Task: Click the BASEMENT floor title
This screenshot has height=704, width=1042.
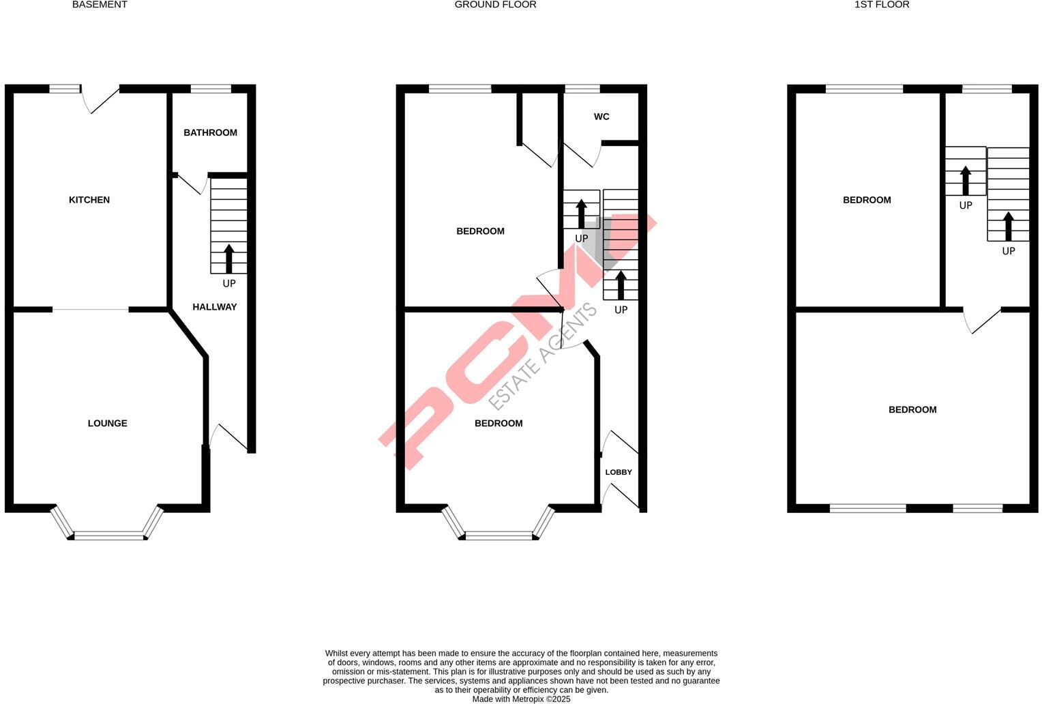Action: [100, 5]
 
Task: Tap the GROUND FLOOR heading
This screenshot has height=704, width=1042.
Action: [495, 5]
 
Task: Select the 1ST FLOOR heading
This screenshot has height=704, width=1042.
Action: [882, 5]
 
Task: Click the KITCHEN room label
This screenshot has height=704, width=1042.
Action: [89, 200]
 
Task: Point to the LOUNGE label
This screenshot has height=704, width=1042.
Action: [108, 424]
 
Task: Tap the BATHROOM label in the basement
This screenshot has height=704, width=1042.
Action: [210, 132]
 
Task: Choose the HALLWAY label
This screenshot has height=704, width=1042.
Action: [215, 307]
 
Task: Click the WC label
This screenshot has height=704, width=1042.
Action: [601, 117]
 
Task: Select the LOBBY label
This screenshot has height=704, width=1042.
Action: [619, 472]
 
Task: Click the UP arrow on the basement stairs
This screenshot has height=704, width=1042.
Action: [229, 259]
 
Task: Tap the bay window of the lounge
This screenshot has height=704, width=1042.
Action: [109, 536]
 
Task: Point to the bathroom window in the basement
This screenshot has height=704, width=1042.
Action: [211, 88]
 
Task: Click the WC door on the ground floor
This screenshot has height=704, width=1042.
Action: [582, 155]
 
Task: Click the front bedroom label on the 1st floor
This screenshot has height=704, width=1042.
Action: [912, 410]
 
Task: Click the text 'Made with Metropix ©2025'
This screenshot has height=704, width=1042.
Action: [522, 699]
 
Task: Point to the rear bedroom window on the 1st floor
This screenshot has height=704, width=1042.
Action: [864, 89]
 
